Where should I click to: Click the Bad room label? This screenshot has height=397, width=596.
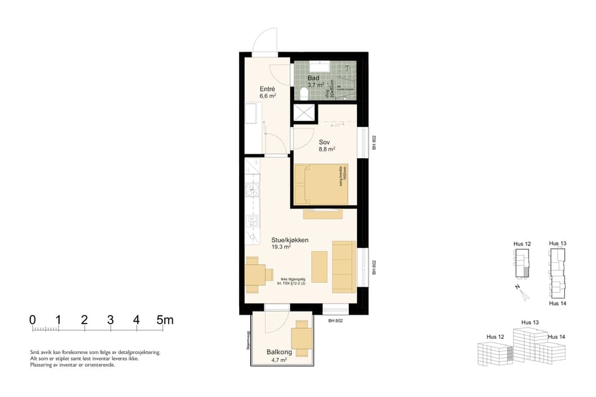pos(313,78)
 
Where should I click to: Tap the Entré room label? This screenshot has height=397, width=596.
pos(267,89)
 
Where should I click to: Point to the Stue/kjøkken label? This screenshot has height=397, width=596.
pos(290,240)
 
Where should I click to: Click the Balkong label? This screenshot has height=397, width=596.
pos(277,353)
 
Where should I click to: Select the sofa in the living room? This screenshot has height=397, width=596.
pos(343,267)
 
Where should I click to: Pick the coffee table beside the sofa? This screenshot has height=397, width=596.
pos(319,267)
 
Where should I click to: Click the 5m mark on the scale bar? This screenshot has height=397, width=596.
pos(164,320)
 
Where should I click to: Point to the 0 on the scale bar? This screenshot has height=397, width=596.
pos(32,320)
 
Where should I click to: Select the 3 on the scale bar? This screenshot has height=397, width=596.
pos(110,320)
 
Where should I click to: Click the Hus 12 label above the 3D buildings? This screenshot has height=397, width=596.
pos(495,337)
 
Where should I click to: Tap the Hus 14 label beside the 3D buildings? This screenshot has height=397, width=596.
pos(557,337)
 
